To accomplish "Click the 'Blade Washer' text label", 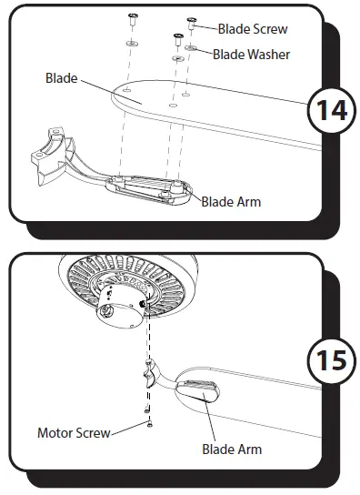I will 252,55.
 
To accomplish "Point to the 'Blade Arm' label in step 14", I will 231,201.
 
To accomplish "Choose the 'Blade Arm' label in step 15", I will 231,449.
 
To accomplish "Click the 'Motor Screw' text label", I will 73,432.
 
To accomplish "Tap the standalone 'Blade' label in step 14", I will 61,78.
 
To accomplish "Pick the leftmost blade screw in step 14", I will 132,18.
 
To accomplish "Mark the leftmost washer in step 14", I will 132,42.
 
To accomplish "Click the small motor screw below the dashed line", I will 147,421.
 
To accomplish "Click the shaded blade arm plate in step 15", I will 199,389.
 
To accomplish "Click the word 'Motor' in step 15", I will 54,432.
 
